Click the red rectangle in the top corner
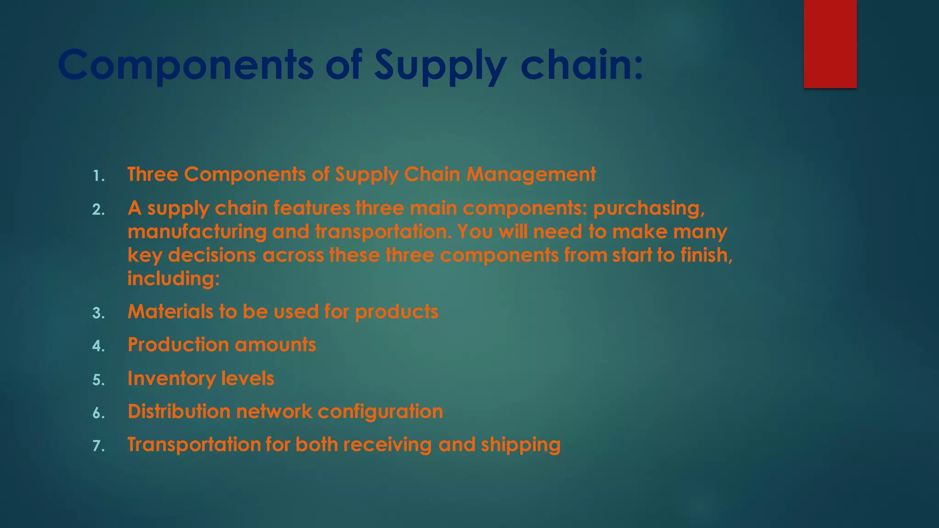[830, 44]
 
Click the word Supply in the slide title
[440, 65]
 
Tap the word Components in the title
[186, 65]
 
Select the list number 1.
[98, 176]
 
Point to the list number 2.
[98, 210]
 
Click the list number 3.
[98, 313]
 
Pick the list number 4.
[98, 346]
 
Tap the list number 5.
[98, 380]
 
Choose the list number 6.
[98, 413]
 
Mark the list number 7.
[98, 446]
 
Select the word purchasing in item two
[649, 209]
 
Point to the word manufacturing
[197, 232]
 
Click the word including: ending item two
[174, 279]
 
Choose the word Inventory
[171, 379]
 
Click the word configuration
[380, 412]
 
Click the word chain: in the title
[582, 65]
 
